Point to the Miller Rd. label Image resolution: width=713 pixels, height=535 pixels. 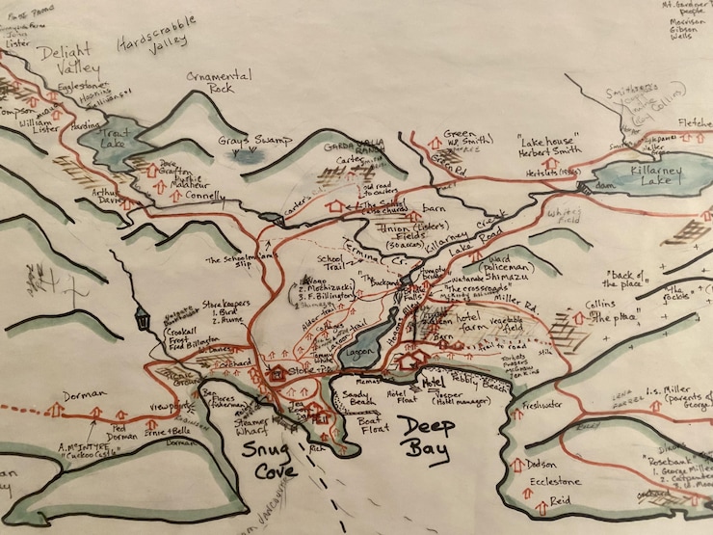click(x=526, y=305)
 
